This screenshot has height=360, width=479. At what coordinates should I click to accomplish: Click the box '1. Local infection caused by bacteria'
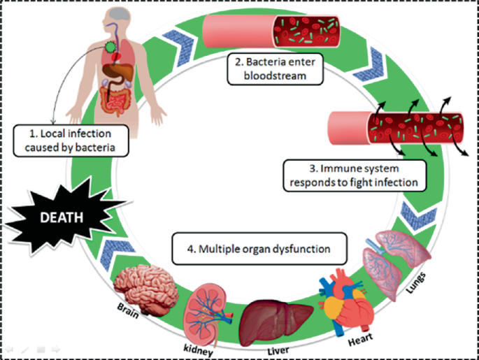pos(69,140)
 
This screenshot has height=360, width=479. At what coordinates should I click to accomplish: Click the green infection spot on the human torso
pos(109,48)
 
